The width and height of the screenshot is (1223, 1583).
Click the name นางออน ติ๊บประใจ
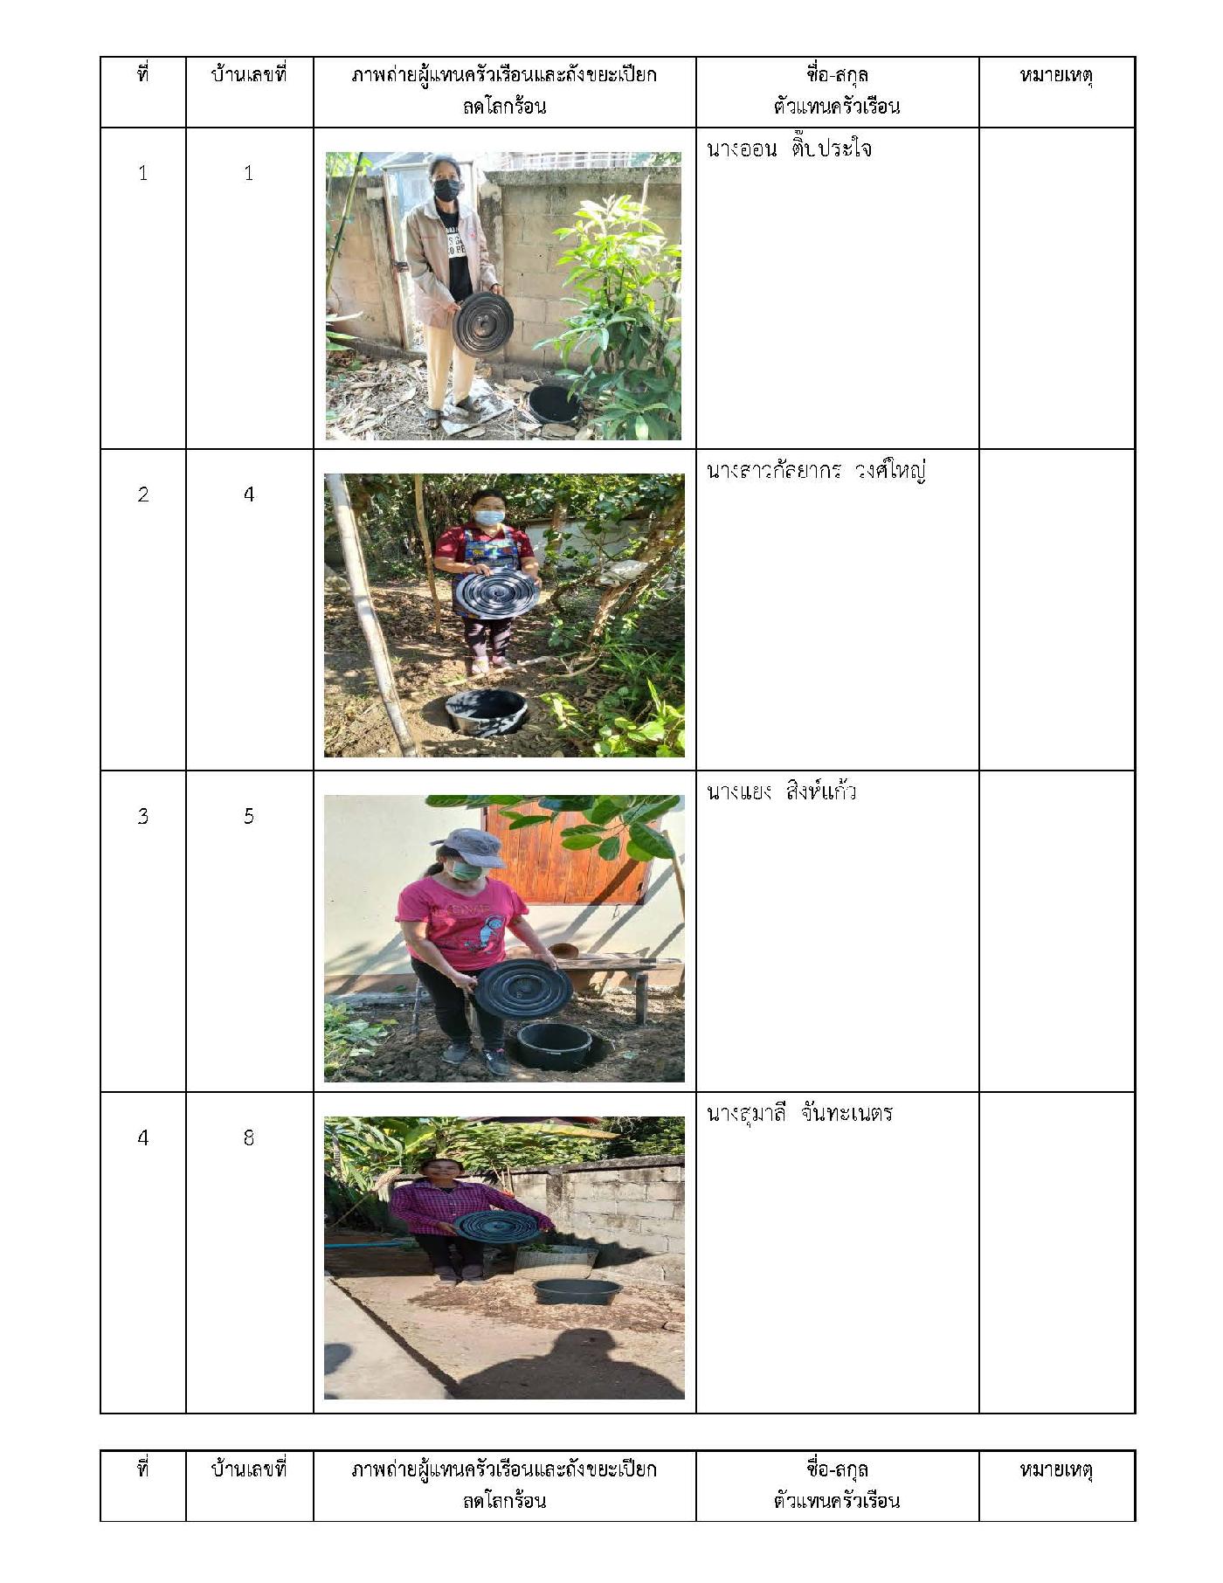[x=789, y=149]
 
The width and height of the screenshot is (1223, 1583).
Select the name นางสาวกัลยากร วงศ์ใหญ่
[x=816, y=472]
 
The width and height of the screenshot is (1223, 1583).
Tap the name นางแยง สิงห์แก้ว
[x=781, y=792]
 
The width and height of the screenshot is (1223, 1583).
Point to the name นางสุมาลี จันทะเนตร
[x=799, y=1114]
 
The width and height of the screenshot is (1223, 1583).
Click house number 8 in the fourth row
[x=249, y=1137]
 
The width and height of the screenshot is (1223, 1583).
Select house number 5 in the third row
[x=249, y=816]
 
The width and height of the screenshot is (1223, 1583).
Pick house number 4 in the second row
[x=249, y=494]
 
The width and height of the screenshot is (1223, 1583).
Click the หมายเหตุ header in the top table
[x=1056, y=76]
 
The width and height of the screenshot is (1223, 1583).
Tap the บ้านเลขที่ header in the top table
[x=249, y=75]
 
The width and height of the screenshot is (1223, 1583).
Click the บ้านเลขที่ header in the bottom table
[x=249, y=1469]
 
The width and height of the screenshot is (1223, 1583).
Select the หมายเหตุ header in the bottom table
[x=1056, y=1470]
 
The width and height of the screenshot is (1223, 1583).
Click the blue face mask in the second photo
[x=488, y=517]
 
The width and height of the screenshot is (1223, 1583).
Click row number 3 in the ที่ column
[x=142, y=816]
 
